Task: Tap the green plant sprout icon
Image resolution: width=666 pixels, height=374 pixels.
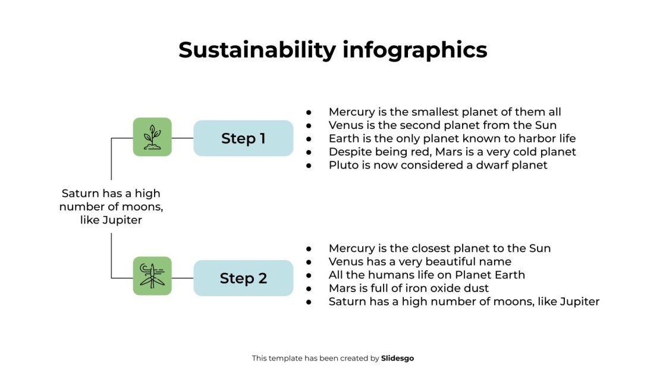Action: (152, 137)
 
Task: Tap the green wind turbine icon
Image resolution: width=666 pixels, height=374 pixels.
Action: (152, 276)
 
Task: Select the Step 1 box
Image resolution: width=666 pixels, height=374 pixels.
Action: (243, 138)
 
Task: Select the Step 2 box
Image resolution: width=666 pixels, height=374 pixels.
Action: (243, 278)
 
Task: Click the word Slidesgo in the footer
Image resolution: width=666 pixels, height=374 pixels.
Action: (397, 358)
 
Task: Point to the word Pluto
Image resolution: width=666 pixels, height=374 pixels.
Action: (343, 165)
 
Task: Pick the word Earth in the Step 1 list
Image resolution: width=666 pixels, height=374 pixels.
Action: (344, 138)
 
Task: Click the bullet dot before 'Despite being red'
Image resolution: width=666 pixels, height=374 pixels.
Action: (309, 152)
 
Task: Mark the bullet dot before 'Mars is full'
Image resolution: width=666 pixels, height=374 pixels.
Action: (309, 288)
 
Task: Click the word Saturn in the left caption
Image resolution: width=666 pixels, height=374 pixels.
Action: (80, 194)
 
